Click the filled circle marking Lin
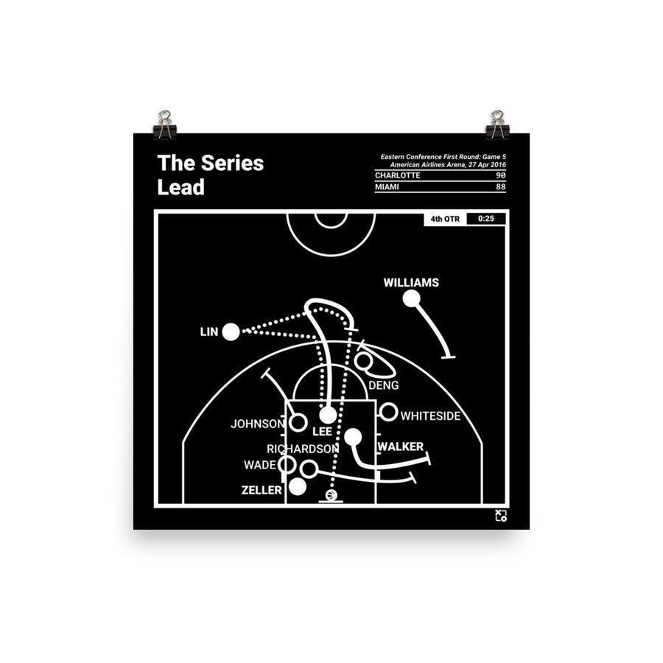click(231, 332)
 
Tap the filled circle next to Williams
click(411, 298)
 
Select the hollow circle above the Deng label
click(363, 362)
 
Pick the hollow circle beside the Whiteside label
click(388, 412)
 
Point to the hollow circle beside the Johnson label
click(298, 423)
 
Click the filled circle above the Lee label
click(328, 415)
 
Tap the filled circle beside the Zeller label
click(298, 486)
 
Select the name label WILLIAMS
click(411, 282)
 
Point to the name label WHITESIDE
click(430, 416)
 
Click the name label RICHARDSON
click(303, 448)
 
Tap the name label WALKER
click(400, 446)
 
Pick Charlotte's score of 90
click(500, 175)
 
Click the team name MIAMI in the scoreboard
click(390, 187)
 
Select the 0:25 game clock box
click(485, 219)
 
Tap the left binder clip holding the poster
click(164, 126)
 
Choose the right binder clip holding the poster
click(497, 126)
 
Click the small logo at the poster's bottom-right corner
click(500, 515)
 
